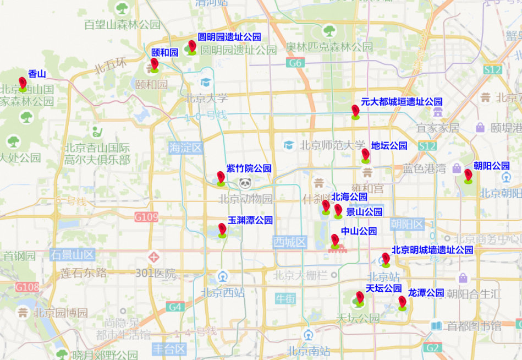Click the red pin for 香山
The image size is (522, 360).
23,83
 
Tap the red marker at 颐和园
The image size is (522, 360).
155,64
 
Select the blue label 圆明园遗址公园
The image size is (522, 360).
229,37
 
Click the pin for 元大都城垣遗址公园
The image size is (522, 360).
355,111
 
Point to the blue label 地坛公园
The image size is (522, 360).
389,146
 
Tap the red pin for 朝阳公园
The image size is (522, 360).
468,175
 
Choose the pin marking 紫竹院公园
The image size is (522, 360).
221,178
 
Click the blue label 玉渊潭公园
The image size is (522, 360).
250,220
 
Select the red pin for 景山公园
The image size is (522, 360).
338,211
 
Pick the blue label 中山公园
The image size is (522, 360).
359,231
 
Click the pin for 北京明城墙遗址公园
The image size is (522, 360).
386,259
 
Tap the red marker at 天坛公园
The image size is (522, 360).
360,298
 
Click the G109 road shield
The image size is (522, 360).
146,217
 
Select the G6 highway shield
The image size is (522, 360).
295,63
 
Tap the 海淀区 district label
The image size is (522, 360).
186,148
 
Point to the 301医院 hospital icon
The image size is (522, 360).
154,257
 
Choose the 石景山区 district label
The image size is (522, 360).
72,255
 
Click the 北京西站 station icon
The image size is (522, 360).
223,276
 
